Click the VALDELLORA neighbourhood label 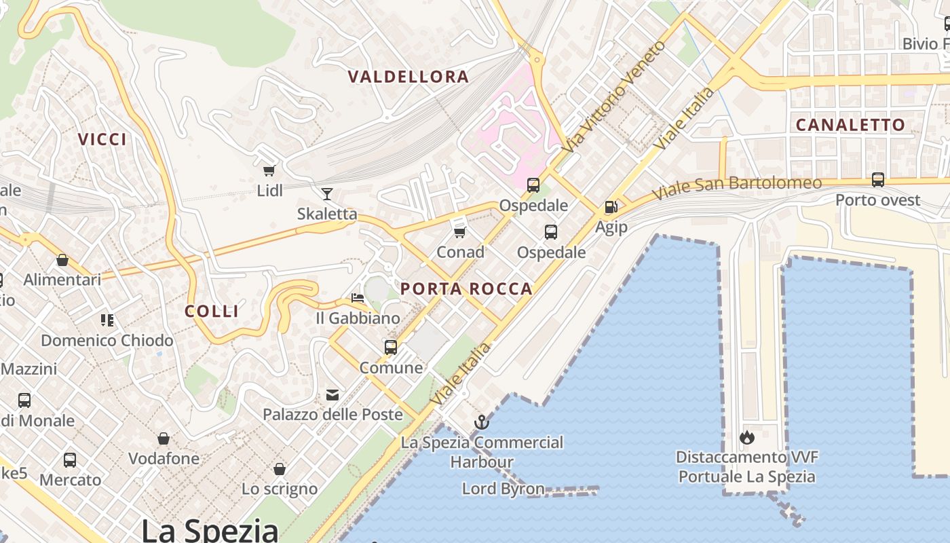pos(408,77)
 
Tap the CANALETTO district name pos(850,125)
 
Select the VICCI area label pos(102,140)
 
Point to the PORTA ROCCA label pos(466,289)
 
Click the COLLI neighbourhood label pos(212,312)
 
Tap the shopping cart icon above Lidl pos(269,170)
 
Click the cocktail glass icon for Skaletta pos(326,194)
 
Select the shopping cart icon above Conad pos(459,232)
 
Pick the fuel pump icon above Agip pos(611,207)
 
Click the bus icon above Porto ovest pos(877,180)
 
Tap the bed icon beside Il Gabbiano pos(357,298)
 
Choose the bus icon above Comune pos(391,348)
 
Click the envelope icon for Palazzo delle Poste pos(332,394)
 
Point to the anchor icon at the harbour pos(481,423)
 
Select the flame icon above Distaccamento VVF pos(747,437)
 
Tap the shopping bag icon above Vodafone pos(164,438)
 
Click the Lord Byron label pos(503,489)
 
